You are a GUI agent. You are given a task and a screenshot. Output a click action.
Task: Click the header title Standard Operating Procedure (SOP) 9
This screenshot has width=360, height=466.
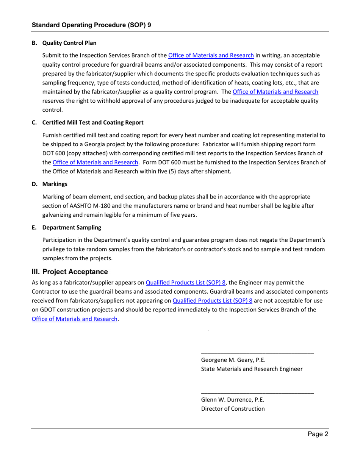tap(91, 25)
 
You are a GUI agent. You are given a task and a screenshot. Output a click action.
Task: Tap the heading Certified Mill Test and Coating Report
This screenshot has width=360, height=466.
tap(92, 122)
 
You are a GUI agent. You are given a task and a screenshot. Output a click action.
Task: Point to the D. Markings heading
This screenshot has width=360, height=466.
tap(50, 184)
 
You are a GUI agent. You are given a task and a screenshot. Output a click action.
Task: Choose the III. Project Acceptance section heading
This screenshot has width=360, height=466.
tap(70, 272)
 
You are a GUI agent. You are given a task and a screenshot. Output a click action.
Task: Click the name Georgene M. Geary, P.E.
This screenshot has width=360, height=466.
tap(233, 360)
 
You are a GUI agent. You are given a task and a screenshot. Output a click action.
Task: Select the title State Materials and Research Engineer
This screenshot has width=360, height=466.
tap(252, 369)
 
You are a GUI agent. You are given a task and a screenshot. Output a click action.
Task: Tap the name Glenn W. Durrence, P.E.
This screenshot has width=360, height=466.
tap(232, 399)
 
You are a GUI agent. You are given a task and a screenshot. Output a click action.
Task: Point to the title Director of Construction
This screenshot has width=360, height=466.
tap(233, 408)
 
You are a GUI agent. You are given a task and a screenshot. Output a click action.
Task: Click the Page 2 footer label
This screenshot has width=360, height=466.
tap(318, 435)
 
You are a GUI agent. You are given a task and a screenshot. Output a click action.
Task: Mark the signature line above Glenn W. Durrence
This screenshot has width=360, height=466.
tap(257, 393)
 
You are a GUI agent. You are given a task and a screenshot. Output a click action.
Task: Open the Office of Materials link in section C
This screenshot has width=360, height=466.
tap(95, 163)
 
